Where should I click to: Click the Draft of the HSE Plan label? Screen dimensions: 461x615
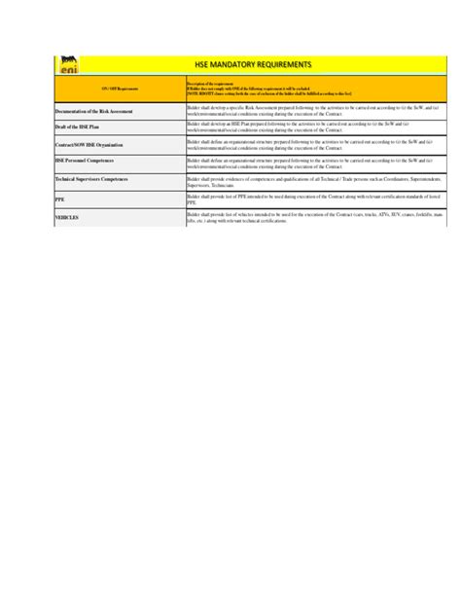point(79,127)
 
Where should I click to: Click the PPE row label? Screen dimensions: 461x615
point(60,198)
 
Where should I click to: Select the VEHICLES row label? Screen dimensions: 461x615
point(67,217)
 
